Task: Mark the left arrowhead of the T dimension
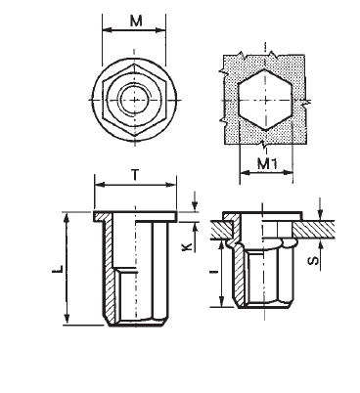96,186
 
